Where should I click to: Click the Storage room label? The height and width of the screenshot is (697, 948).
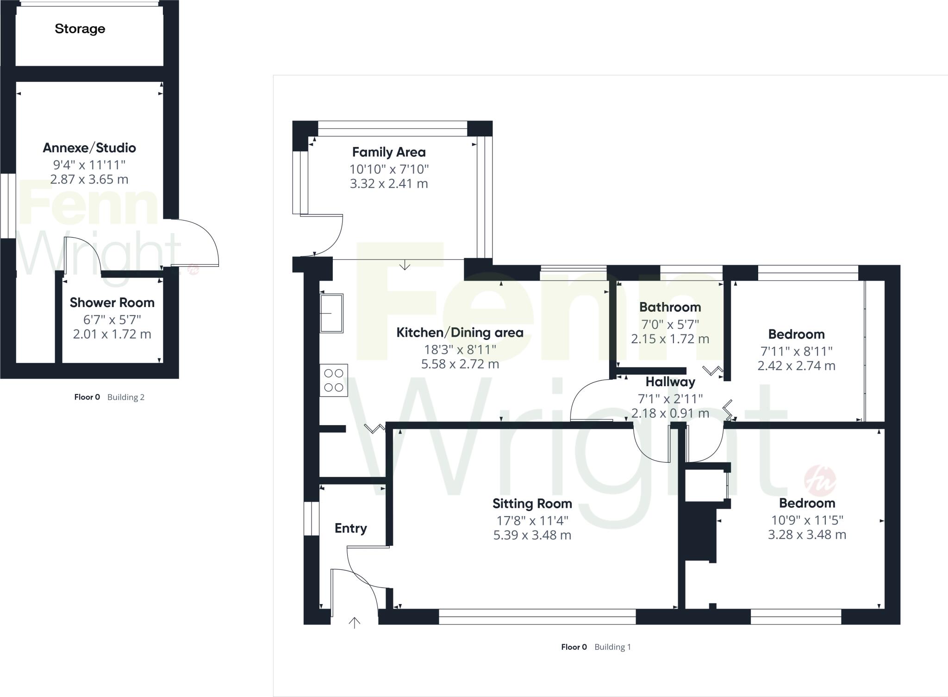(x=80, y=29)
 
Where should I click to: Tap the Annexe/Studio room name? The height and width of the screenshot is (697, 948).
(x=89, y=148)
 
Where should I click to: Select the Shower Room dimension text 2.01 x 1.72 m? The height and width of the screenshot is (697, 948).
(x=112, y=334)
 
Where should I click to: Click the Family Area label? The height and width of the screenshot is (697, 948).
(x=389, y=152)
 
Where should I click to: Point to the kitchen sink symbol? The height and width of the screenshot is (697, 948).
(x=331, y=313)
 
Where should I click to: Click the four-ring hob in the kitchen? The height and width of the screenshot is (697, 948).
(x=334, y=380)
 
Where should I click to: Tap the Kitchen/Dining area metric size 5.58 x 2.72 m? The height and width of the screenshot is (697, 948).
(x=460, y=364)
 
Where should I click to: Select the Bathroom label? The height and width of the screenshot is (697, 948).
(x=670, y=307)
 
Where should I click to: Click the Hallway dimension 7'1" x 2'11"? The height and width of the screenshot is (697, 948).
(x=670, y=398)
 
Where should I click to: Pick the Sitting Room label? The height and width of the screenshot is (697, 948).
(x=532, y=504)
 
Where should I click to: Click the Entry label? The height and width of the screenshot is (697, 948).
(x=350, y=528)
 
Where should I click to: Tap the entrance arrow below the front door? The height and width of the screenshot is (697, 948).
(x=354, y=623)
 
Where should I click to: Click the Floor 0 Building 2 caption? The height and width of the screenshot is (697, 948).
(x=109, y=397)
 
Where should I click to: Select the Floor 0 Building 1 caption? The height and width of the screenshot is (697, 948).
(x=596, y=647)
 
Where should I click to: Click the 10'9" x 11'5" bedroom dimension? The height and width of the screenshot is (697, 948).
(x=807, y=520)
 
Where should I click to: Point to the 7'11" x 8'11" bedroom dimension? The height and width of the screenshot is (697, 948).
(x=796, y=351)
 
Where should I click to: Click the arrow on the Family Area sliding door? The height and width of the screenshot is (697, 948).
(x=405, y=265)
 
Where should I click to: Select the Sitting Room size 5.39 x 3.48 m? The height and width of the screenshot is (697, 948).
(x=532, y=535)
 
